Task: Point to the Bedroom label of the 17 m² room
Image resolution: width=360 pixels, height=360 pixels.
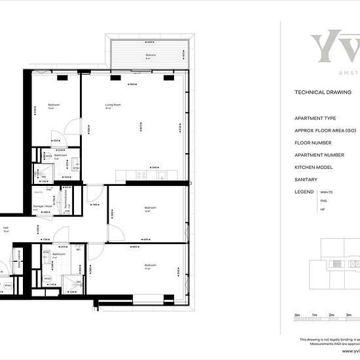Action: [149, 264]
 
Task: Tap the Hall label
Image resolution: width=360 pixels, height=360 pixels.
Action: [6, 228]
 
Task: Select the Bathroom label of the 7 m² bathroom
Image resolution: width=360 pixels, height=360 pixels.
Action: [58, 254]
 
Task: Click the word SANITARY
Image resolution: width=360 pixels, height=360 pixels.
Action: [306, 179]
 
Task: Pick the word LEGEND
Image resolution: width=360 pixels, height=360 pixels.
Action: [304, 191]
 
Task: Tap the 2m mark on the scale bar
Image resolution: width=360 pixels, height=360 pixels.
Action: [332, 315]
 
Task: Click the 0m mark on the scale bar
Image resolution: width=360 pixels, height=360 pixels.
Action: [297, 315]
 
